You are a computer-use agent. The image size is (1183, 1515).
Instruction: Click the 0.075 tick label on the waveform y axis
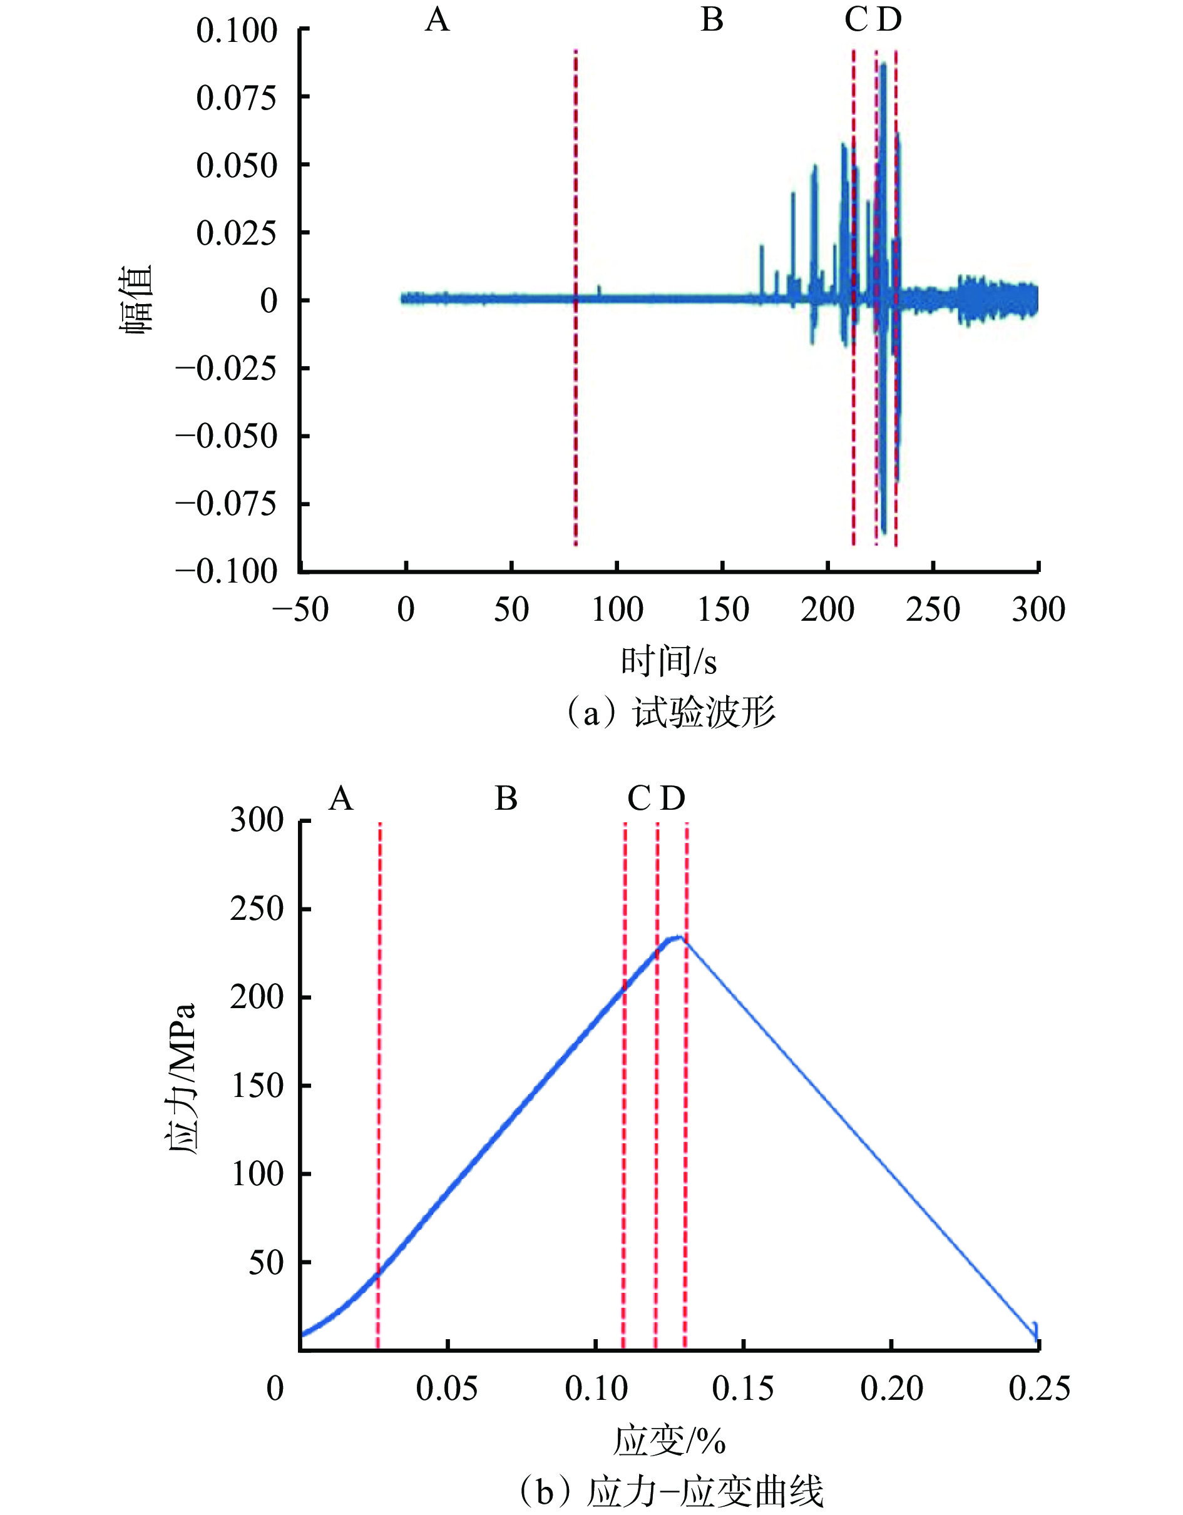237,98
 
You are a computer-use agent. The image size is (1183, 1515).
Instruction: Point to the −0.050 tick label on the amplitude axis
226,436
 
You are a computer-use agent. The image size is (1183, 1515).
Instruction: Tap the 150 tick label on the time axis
722,610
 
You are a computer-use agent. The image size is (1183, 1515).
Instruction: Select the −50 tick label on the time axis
300,610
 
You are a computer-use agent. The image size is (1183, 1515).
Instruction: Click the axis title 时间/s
668,661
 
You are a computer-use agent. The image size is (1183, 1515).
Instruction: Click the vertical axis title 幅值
138,300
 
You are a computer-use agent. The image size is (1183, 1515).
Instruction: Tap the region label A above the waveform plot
437,19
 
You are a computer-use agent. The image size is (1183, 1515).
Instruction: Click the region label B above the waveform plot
712,19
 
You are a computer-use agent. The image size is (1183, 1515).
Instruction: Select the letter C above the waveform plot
856,19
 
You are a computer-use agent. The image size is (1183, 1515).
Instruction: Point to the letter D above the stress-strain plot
672,799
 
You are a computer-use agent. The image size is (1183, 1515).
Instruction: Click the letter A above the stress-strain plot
341,799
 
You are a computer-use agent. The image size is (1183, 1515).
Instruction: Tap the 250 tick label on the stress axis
257,909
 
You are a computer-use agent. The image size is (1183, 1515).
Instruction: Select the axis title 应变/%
668,1441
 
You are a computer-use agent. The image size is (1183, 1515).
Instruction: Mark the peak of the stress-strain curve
677,937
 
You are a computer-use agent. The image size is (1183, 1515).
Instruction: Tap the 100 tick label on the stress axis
257,1174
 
